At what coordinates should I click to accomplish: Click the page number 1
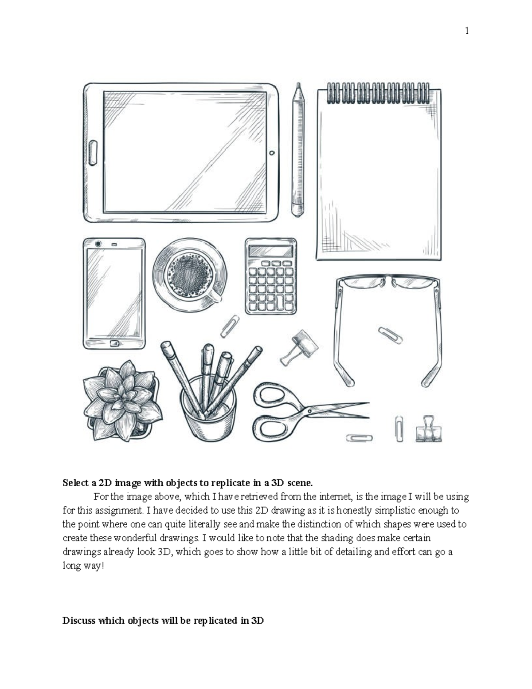coord(467,31)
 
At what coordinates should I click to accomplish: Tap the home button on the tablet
coord(93,153)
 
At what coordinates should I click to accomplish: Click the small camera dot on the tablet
coord(272,153)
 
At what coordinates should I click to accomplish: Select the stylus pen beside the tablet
coord(298,151)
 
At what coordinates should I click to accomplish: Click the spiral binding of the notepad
coord(378,93)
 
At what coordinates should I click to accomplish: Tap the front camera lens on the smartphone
coord(98,244)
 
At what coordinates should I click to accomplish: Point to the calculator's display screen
coord(270,251)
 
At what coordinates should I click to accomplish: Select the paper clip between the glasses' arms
coord(390,335)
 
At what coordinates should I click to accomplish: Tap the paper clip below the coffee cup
coord(230,326)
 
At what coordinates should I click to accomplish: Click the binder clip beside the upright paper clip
coord(429,429)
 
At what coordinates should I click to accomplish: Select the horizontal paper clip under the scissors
coord(359,438)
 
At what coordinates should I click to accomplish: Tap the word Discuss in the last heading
coord(79,620)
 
